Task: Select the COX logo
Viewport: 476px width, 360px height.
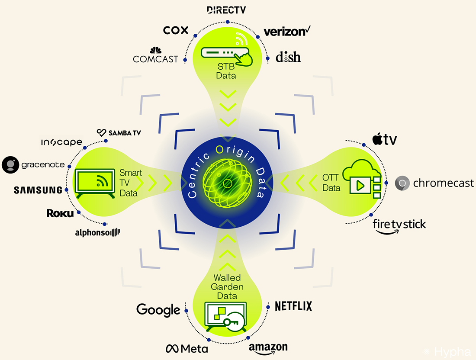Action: click(x=176, y=30)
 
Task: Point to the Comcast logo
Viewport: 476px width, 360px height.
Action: click(x=155, y=56)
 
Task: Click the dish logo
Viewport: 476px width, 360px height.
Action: click(x=288, y=57)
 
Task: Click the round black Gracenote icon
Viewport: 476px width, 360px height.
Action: click(x=10, y=165)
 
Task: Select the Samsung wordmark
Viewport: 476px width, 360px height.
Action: click(x=38, y=190)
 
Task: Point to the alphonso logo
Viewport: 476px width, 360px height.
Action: click(x=97, y=232)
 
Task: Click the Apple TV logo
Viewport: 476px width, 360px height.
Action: click(x=384, y=139)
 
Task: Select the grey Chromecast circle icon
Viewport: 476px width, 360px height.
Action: click(x=403, y=183)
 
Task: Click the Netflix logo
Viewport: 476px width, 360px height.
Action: click(x=293, y=306)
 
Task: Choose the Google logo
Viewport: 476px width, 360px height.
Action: click(x=158, y=309)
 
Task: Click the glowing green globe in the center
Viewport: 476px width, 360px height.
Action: click(x=226, y=183)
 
